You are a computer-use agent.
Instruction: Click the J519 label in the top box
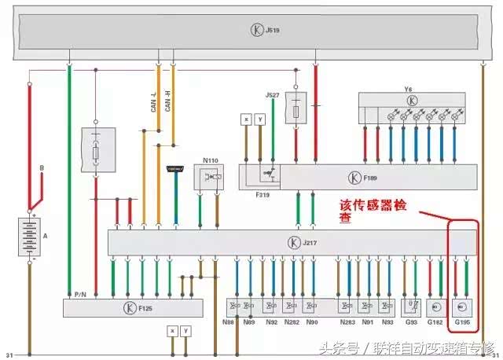pos(273,31)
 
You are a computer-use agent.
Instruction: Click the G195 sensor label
pos(461,322)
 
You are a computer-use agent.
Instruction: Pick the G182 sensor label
pos(435,322)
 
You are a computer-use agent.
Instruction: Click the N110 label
pos(210,160)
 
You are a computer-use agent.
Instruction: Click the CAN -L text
pos(154,103)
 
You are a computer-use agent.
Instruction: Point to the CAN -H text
pos(167,103)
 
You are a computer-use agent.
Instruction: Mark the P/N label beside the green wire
pos(80,294)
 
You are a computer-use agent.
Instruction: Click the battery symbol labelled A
pos(30,236)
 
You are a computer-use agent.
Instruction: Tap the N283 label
pos(347,322)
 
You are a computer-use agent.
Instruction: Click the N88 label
pos(228,322)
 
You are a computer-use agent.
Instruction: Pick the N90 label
pos(312,322)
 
